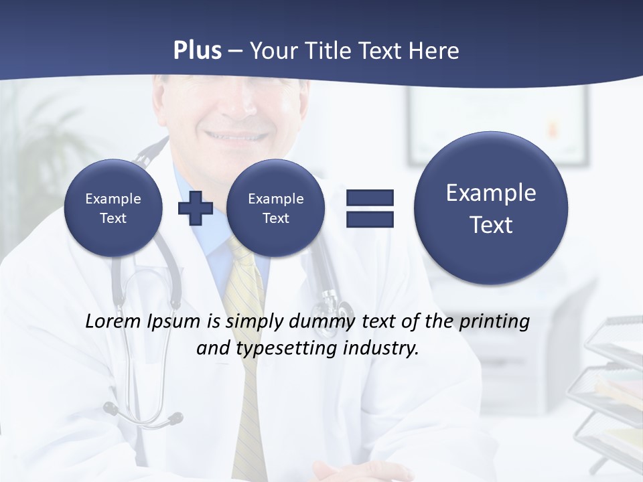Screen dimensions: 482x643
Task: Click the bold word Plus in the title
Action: [x=197, y=51]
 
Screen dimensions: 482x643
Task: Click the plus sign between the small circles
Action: [x=196, y=208]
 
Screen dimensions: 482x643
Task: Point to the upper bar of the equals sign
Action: [x=370, y=197]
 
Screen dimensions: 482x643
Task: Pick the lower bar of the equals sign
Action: [x=370, y=219]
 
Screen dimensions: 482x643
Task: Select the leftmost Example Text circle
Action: [x=113, y=208]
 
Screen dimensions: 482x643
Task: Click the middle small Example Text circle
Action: [x=275, y=208]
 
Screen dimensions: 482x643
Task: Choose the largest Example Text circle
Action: [x=491, y=208]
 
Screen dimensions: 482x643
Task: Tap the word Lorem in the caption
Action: [x=112, y=321]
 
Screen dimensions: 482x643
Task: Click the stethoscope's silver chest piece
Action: [x=335, y=307]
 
